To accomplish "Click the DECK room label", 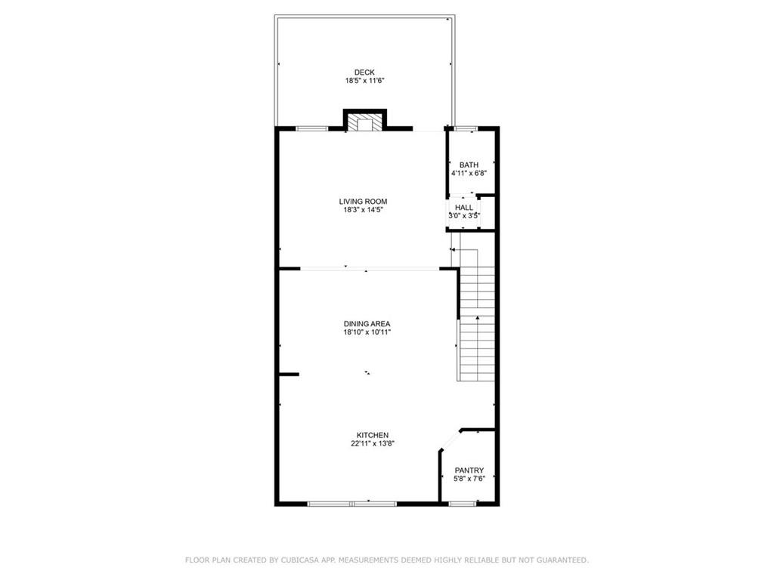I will pos(364,72).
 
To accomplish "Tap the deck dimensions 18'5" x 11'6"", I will pos(364,81).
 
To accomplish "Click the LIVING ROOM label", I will pos(363,202).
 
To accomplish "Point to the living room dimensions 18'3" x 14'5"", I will pos(363,210).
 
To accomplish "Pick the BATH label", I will pos(469,165).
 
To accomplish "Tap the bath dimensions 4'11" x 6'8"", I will pos(469,173).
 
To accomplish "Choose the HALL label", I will pos(464,208).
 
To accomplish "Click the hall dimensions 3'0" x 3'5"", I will pos(464,215).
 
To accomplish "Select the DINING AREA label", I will pos(367,324).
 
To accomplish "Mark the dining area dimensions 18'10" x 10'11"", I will pos(367,332).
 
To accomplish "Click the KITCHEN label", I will pos(373,435).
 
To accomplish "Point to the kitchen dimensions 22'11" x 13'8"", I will pos(373,443).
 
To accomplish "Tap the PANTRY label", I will pos(469,470).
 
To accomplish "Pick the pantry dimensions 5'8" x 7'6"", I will pos(469,478).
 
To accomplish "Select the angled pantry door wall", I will pos(450,440).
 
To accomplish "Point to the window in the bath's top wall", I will pos(464,128).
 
